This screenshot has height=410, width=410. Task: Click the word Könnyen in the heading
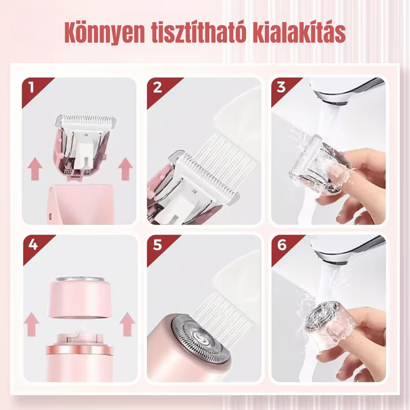pyautogui.click(x=105, y=33)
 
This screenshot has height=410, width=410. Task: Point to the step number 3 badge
pyautogui.click(x=284, y=90)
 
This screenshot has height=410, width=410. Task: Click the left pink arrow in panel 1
pyautogui.click(x=35, y=169)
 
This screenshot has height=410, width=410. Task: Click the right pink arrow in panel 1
pyautogui.click(x=125, y=169)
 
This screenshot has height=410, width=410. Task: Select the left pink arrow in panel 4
pyautogui.click(x=32, y=324)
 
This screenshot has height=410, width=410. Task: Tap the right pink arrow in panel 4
pyautogui.click(x=128, y=324)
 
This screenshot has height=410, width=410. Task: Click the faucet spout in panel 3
pyautogui.click(x=348, y=91)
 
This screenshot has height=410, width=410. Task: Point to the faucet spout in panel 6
pyautogui.click(x=348, y=249)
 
